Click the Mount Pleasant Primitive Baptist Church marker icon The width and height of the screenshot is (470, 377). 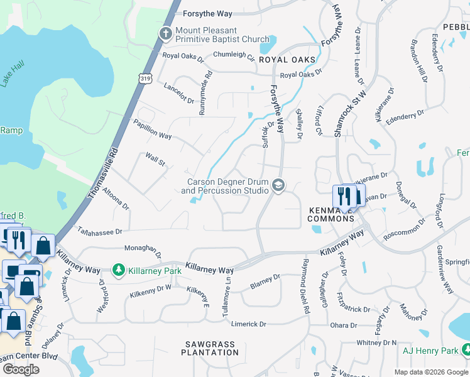point(166,34)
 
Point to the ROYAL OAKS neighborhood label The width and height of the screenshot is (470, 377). point(287,60)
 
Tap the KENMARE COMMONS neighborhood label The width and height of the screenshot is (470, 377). point(331,214)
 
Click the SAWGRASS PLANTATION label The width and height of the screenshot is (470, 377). point(211,348)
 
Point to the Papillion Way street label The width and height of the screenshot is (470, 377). point(151,129)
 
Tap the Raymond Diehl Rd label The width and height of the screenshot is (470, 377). point(306,286)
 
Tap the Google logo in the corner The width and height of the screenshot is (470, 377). point(21,369)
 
